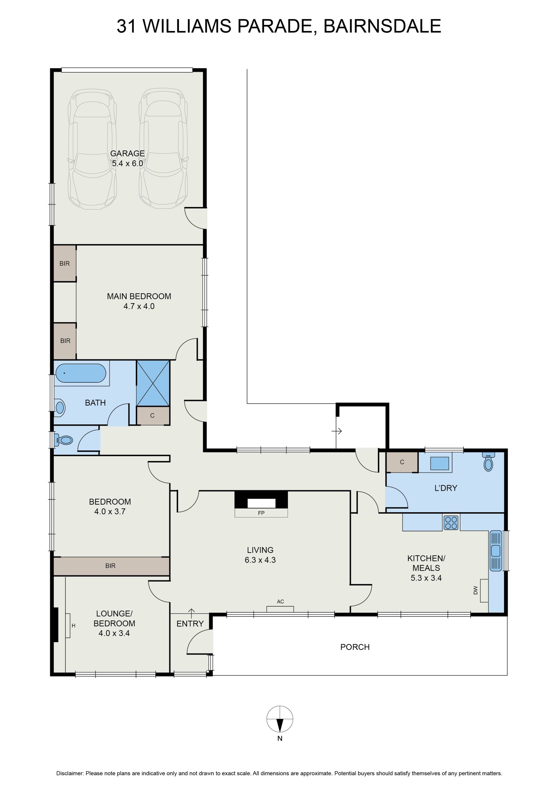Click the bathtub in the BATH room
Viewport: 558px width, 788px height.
pyautogui.click(x=81, y=373)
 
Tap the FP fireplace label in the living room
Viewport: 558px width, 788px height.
pyautogui.click(x=261, y=513)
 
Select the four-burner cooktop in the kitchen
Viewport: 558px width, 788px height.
pyautogui.click(x=451, y=523)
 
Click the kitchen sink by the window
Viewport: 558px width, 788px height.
pyautogui.click(x=496, y=551)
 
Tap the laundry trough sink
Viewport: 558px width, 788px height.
pyautogui.click(x=439, y=463)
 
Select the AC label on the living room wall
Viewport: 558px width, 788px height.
pyautogui.click(x=280, y=601)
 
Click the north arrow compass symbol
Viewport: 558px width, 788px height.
pyautogui.click(x=280, y=719)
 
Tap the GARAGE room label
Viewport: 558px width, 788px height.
pyautogui.click(x=128, y=153)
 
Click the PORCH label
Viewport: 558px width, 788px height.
pyautogui.click(x=355, y=647)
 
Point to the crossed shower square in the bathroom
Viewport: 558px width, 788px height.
pyautogui.click(x=153, y=383)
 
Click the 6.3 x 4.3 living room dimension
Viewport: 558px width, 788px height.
pyautogui.click(x=260, y=560)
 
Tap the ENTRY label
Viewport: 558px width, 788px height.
pyautogui.click(x=190, y=624)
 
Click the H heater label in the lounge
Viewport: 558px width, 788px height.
pyautogui.click(x=74, y=626)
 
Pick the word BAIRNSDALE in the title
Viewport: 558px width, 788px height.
pyautogui.click(x=382, y=26)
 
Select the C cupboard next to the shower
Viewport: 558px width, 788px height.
pyautogui.click(x=153, y=415)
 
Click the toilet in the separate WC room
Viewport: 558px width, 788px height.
pyautogui.click(x=64, y=440)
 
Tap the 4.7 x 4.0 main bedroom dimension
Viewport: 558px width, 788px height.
pyautogui.click(x=139, y=306)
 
